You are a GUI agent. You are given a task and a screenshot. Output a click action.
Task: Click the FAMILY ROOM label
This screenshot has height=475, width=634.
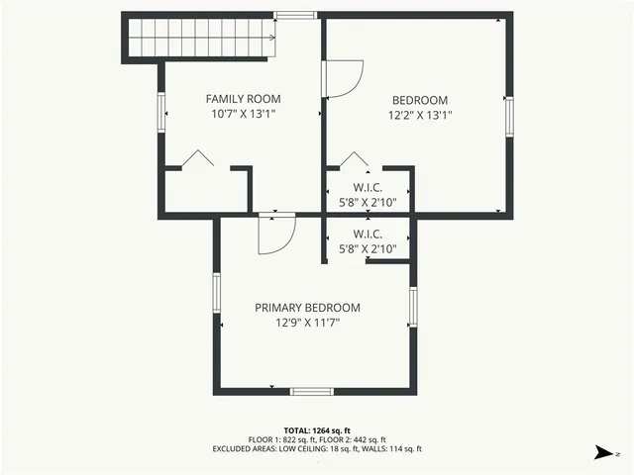243,99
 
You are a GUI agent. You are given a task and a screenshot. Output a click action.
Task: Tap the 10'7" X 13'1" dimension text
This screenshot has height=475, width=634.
243,114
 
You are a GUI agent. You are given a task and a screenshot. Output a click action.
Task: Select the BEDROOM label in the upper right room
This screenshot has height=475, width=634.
420,100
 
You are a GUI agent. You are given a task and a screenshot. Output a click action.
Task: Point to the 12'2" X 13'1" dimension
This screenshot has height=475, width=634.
420,115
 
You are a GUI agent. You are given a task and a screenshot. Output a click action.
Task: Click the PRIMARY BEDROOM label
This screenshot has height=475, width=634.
307,308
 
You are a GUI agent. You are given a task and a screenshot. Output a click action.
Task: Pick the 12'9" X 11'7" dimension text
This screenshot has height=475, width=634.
307,323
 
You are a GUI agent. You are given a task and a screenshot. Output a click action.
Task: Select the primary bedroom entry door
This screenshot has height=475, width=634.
275,236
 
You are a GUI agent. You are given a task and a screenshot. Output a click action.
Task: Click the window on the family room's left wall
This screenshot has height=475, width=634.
160,112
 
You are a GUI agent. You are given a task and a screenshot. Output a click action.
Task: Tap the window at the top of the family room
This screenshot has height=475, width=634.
295,15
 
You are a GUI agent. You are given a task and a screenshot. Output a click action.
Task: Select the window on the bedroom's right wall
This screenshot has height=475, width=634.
509,115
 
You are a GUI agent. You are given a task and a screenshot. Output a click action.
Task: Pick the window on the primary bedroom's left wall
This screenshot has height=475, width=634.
216,296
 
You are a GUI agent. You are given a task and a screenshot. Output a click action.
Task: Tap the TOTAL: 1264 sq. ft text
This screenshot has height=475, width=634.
317,430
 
